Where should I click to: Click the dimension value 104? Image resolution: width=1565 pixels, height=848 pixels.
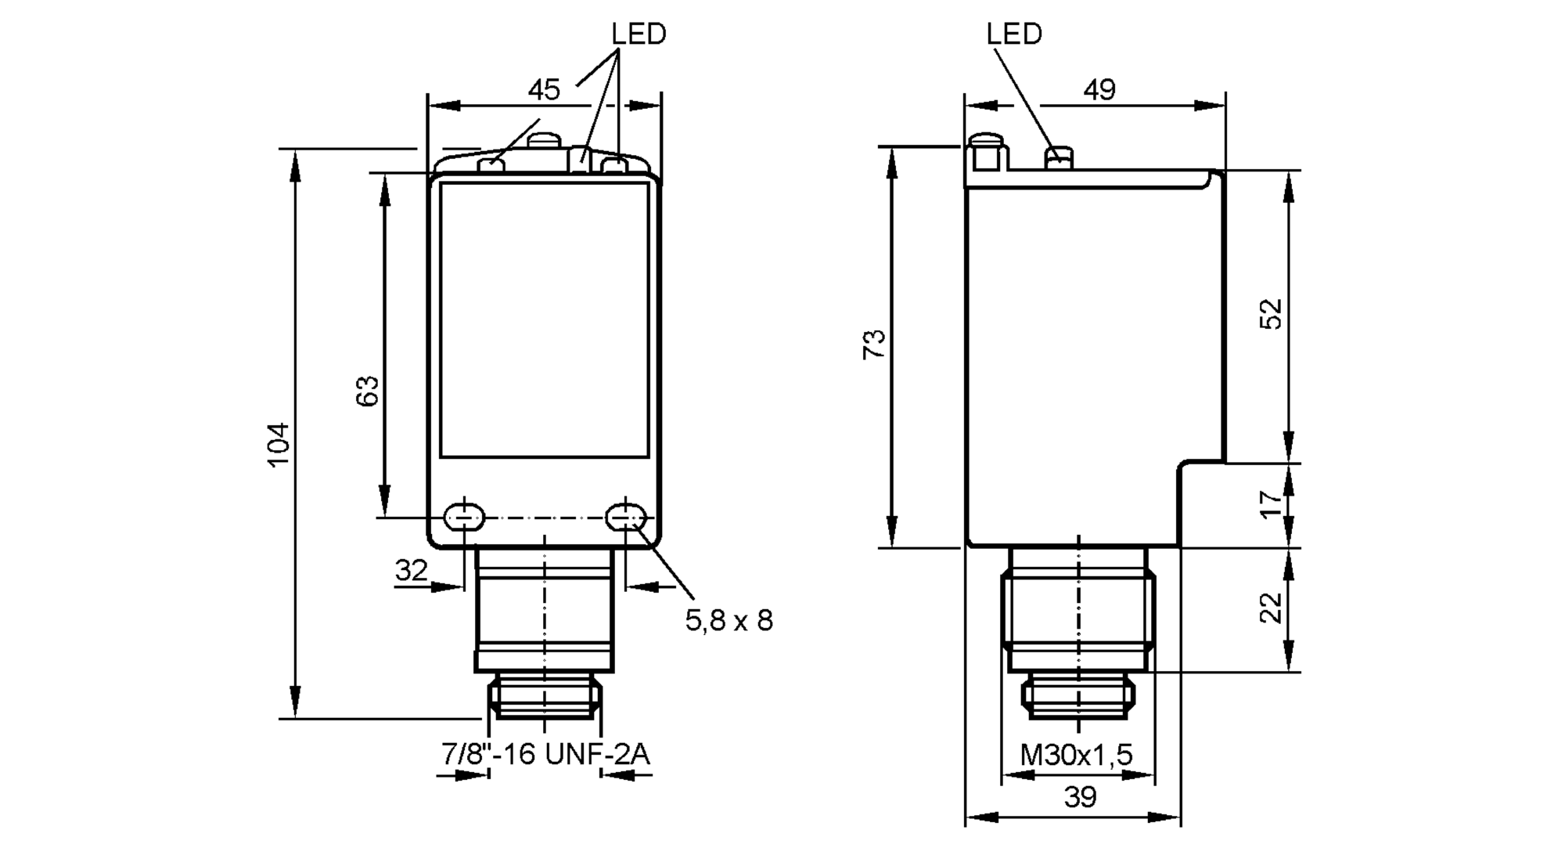point(279,445)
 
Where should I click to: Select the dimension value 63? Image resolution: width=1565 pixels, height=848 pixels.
point(368,390)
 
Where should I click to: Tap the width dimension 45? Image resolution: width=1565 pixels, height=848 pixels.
point(544,90)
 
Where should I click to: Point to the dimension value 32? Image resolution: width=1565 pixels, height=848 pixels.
point(411,570)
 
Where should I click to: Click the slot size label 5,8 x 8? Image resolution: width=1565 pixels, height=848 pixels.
point(729,621)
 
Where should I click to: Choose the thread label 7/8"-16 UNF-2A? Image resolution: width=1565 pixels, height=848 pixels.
point(545,755)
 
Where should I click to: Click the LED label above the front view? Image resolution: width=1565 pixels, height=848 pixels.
point(639,34)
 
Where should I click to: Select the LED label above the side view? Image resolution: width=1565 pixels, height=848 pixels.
point(1014,34)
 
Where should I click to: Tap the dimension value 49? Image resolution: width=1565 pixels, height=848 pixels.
point(1099,90)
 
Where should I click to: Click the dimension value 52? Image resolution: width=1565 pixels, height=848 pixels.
point(1272,313)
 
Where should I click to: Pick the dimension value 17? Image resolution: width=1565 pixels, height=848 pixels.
point(1272,503)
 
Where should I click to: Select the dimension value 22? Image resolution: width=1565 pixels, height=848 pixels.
point(1272,608)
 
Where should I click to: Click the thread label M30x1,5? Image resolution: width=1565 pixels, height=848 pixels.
point(1077,755)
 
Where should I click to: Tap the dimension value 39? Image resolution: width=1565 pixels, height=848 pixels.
point(1080,797)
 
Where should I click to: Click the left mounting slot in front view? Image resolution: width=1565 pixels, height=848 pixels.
point(464,517)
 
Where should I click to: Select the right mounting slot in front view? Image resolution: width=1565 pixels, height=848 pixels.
point(626,517)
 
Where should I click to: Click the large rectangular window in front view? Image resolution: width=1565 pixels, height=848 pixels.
point(545,319)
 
